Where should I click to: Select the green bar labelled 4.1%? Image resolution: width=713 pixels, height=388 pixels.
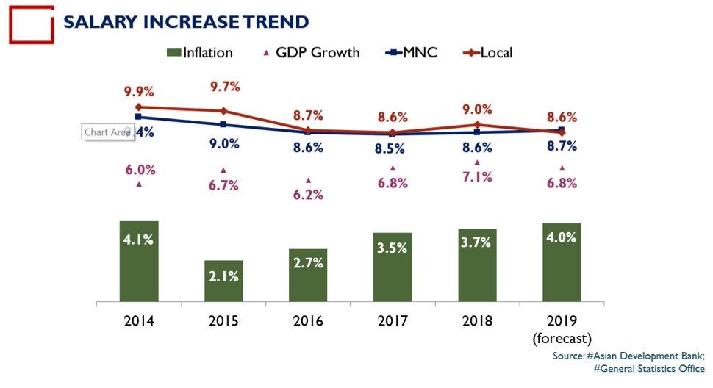tap(139, 261)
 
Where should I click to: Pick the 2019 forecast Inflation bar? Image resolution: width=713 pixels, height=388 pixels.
tap(562, 262)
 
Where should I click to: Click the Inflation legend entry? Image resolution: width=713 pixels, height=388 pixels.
tap(200, 52)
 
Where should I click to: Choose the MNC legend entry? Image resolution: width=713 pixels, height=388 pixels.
tap(411, 52)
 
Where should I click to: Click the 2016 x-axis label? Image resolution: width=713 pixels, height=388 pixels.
tap(308, 320)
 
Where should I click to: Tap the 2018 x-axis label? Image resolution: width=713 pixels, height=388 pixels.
tap(477, 320)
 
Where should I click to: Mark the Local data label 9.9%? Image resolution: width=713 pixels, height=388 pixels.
tap(138, 92)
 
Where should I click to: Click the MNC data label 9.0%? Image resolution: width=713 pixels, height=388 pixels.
tap(223, 144)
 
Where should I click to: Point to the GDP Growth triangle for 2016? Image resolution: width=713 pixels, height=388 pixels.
tap(308, 180)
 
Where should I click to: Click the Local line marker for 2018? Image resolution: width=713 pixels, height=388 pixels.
tap(477, 125)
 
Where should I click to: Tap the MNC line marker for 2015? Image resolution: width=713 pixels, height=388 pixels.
tap(223, 125)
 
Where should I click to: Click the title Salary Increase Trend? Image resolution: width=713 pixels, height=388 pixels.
tap(186, 21)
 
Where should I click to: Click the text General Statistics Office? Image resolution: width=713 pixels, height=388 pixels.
tap(651, 369)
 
